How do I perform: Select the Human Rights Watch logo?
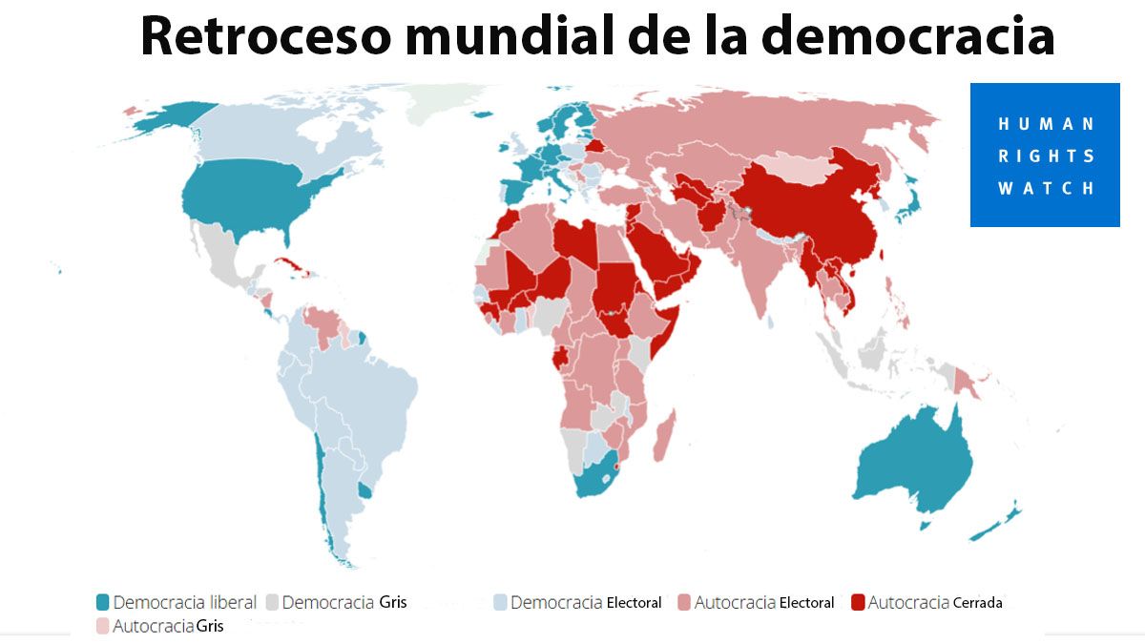pyautogui.click(x=1045, y=155)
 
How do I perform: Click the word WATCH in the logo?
pyautogui.click(x=1046, y=188)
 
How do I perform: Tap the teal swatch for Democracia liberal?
pyautogui.click(x=102, y=602)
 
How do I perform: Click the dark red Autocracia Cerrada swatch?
pyautogui.click(x=857, y=602)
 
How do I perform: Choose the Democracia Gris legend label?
pyautogui.click(x=343, y=602)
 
